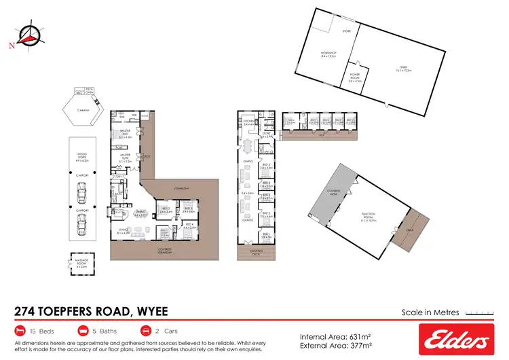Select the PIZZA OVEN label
[88, 89]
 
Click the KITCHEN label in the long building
[248, 122]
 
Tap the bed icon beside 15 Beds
[20, 331]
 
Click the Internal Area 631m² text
[334, 335]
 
